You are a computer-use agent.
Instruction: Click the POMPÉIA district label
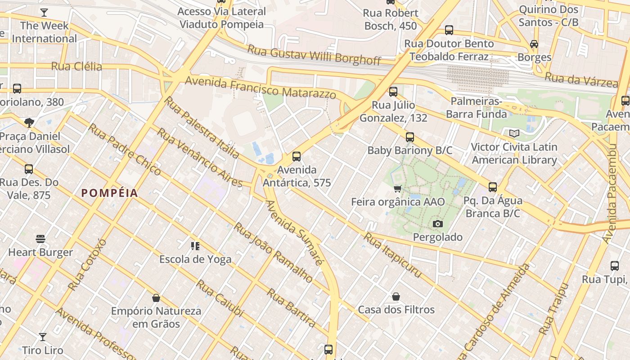coord(109,193)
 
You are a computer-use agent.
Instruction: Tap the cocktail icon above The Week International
coord(44,13)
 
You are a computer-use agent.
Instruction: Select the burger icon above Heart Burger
coord(40,238)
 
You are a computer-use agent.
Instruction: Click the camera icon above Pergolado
coord(437,224)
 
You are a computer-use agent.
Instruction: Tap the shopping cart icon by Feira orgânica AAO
coord(397,189)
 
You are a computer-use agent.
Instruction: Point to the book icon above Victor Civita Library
coord(514,133)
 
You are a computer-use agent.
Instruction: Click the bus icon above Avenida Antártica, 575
coord(297,157)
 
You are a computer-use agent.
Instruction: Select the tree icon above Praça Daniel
coord(29,122)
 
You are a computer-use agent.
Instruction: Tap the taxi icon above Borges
coord(534,44)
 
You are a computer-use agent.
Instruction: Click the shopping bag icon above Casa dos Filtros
coord(396,297)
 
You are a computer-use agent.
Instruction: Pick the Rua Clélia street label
coord(76,67)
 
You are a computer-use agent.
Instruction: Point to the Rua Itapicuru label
coord(392,255)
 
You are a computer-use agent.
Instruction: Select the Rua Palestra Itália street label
coord(202,127)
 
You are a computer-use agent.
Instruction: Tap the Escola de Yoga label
coord(195,259)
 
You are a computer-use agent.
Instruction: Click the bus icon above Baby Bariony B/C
coord(409,137)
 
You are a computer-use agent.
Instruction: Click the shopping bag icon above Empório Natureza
coord(156,298)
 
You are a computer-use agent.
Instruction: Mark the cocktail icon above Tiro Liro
coord(43,337)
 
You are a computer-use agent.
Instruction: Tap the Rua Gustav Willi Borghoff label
coord(314,54)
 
